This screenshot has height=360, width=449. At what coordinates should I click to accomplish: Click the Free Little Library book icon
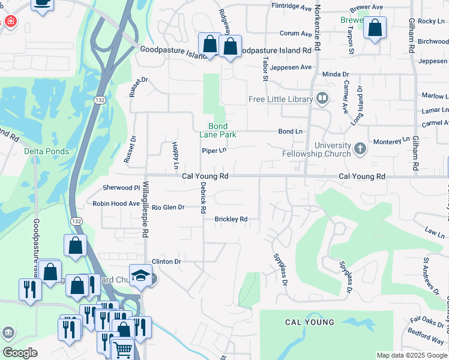coord(322,98)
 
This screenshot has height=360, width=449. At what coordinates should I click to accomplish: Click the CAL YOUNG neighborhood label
coord(309,322)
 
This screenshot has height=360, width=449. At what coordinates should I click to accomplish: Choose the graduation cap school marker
coord(140,275)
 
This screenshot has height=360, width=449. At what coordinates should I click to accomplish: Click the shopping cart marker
coord(122,349)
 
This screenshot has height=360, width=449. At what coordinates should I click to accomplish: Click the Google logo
coord(20,353)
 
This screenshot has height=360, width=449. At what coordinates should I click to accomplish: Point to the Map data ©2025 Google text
coord(412,355)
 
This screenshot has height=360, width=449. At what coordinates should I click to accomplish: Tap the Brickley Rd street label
coord(231,219)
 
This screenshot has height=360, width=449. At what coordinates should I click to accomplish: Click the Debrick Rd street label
coord(203,198)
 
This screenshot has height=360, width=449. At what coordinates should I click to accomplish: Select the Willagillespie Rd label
coord(145,208)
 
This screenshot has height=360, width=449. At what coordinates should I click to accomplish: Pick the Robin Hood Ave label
coord(116,203)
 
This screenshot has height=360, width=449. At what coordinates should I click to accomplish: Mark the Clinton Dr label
coord(166,262)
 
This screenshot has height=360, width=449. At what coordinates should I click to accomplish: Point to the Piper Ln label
coord(214,151)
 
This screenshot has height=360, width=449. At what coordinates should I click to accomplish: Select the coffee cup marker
coord(43,3)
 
